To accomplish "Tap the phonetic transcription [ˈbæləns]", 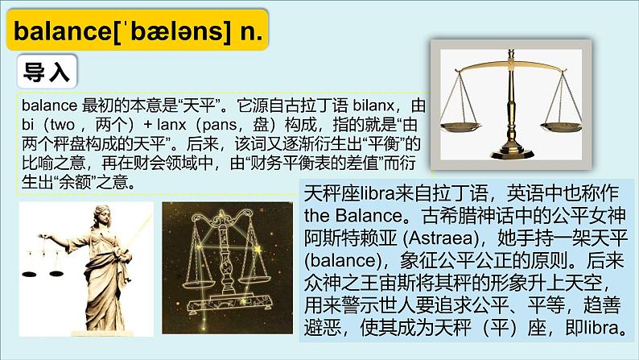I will coord(161,33).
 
